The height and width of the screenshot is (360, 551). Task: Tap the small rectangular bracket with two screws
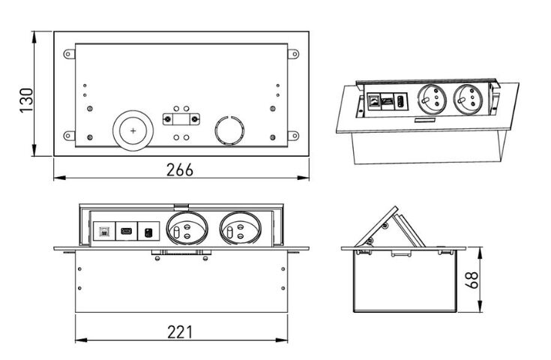(x=181, y=118)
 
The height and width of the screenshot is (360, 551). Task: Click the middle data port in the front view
(x=127, y=230)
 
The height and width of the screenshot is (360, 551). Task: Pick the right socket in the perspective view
(x=464, y=99)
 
